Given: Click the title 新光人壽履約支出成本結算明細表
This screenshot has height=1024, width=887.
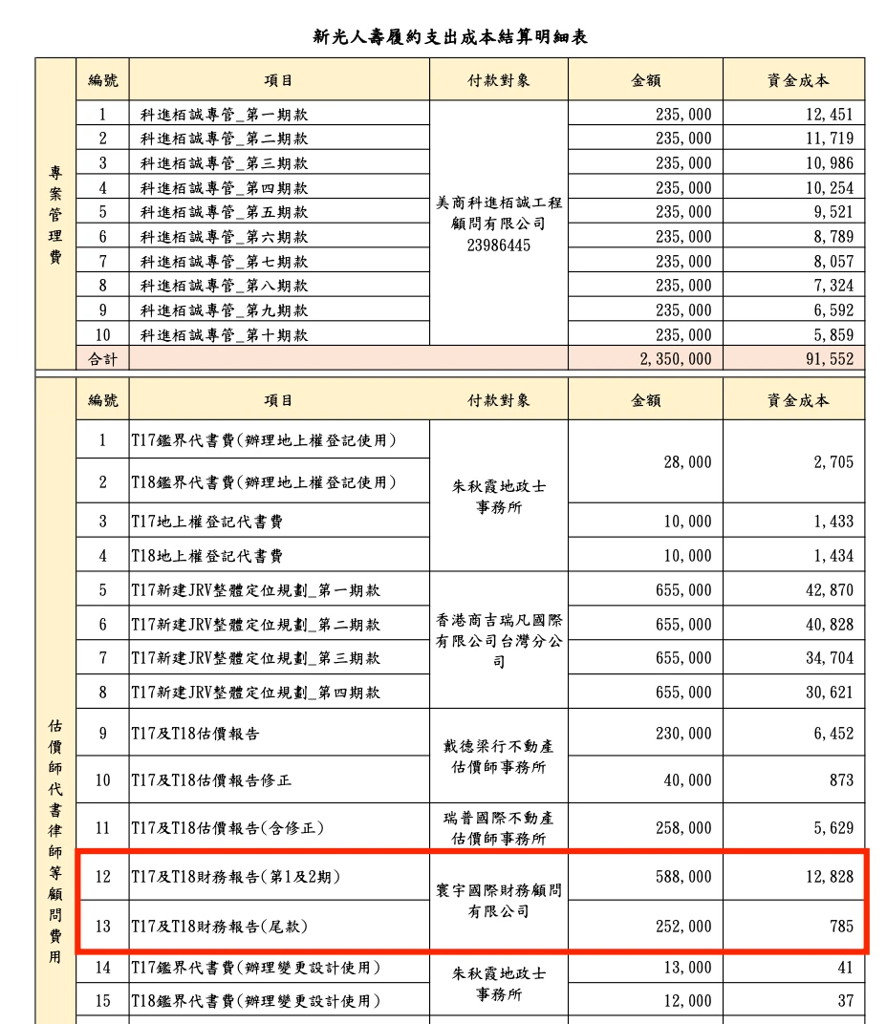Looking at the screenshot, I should click(x=449, y=37).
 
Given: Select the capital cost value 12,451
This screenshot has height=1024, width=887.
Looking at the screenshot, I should click(x=829, y=115).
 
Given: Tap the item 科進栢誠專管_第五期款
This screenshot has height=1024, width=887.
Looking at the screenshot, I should click(x=224, y=212).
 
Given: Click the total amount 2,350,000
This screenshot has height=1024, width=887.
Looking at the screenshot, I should click(x=674, y=359).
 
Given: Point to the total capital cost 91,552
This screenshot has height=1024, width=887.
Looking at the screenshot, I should click(x=829, y=359).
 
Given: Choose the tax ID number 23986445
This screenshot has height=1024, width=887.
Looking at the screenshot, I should click(x=498, y=245).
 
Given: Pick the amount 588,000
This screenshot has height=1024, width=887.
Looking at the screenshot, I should click(x=687, y=876).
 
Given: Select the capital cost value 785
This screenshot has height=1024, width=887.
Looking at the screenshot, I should click(x=841, y=926).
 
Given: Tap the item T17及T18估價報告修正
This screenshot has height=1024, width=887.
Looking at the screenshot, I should click(x=211, y=780).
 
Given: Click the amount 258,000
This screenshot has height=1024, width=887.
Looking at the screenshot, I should click(x=687, y=828).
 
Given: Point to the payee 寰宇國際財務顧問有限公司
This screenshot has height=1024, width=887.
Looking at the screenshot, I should click(x=498, y=901).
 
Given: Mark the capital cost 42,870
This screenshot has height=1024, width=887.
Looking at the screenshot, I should click(x=829, y=590).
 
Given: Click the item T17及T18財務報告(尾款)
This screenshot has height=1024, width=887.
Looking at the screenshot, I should click(x=219, y=926).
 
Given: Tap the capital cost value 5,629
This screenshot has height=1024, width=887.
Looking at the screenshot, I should click(x=833, y=828).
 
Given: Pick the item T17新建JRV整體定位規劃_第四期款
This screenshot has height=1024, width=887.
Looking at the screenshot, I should click(x=255, y=692).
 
